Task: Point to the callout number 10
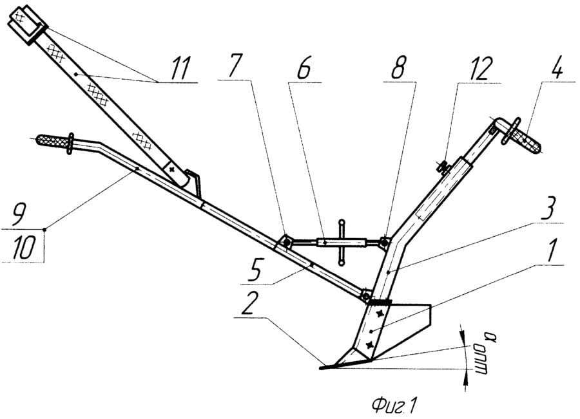(24, 249)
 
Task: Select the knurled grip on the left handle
(53, 143)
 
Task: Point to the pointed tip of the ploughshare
(322, 369)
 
